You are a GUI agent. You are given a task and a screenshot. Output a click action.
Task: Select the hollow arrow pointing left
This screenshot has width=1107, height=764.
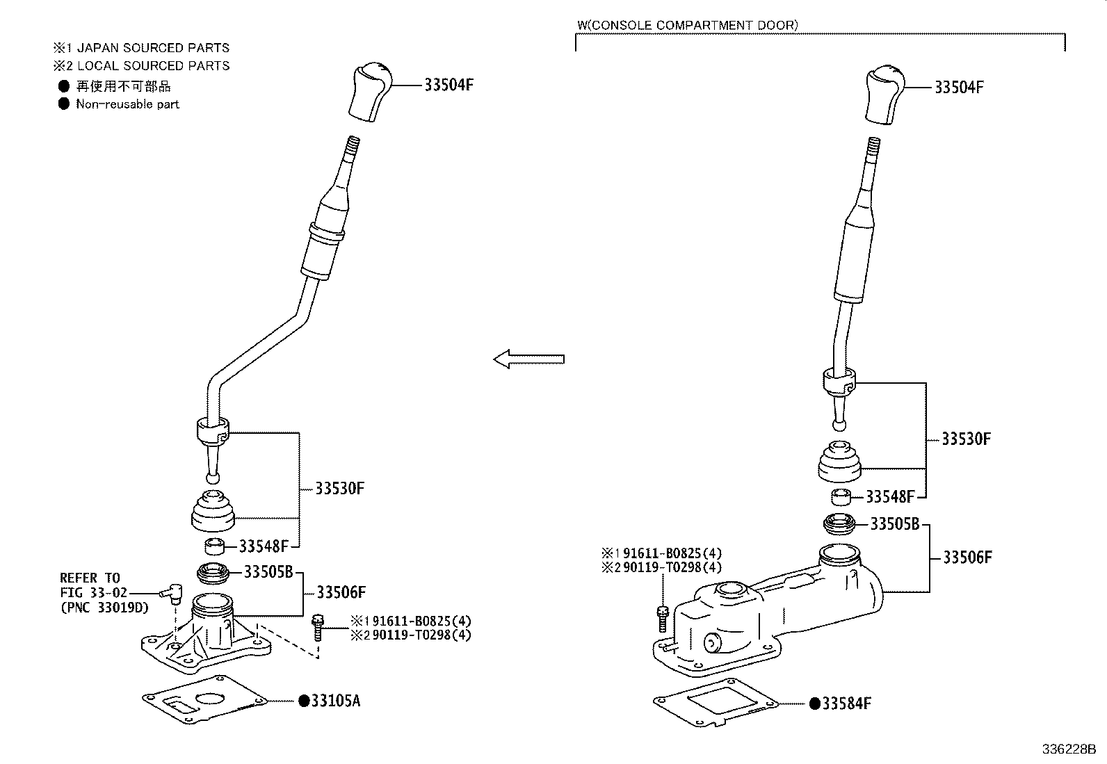[528, 359]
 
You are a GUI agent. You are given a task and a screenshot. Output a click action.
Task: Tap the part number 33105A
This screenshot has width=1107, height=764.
[335, 701]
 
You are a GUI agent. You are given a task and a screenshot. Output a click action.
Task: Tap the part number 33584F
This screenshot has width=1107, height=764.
[846, 704]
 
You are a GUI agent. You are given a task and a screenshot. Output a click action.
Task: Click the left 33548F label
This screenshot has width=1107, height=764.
[264, 546]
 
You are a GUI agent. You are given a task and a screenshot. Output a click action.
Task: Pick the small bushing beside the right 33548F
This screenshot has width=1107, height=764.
[842, 496]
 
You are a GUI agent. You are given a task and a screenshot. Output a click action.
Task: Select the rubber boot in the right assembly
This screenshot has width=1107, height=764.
[839, 461]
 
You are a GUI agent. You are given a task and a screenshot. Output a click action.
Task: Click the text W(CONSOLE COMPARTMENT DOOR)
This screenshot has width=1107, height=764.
[687, 25]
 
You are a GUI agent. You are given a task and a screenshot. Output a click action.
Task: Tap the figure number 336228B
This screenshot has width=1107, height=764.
[1068, 750]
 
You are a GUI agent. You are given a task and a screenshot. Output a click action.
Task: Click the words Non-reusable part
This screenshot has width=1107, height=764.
[127, 104]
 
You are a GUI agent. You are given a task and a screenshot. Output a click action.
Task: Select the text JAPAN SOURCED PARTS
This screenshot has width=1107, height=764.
[153, 48]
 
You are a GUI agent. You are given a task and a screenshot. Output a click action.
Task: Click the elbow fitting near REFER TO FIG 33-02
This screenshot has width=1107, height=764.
[170, 593]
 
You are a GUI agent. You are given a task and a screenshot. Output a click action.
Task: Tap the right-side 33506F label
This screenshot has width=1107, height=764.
[967, 558]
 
